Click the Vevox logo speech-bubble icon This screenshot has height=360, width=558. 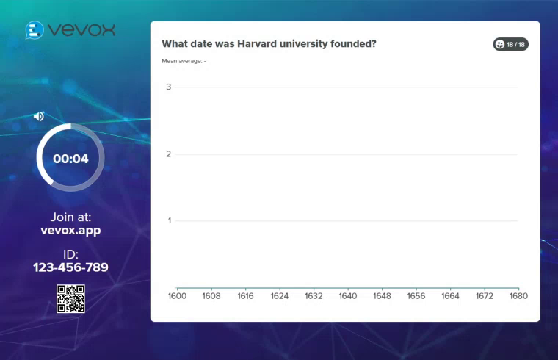(x=34, y=29)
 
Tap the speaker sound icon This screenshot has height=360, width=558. (x=39, y=116)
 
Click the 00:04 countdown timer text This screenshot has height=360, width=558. (x=70, y=159)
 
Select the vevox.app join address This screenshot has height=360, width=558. (x=70, y=230)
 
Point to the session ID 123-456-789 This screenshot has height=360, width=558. (x=70, y=267)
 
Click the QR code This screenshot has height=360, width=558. (x=70, y=298)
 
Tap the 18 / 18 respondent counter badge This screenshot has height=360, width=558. (x=511, y=45)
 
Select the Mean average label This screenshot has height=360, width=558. (x=184, y=61)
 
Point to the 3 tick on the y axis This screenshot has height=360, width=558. (x=169, y=87)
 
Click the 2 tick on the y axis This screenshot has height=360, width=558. (x=169, y=154)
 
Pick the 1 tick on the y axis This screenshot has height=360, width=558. (x=169, y=221)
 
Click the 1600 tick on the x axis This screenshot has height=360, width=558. (x=178, y=296)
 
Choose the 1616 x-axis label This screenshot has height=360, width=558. (x=246, y=296)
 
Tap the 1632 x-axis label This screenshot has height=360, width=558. (x=314, y=296)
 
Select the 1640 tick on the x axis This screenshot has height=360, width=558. (x=348, y=296)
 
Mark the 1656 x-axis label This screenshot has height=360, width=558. (x=416, y=296)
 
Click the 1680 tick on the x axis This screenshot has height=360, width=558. (x=518, y=296)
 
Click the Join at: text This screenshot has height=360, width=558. (x=70, y=217)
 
